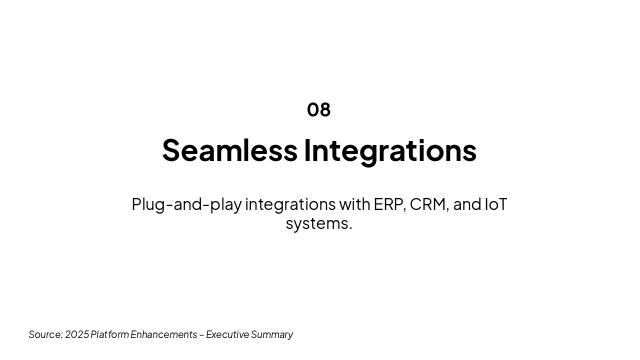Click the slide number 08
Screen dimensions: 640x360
click(319, 109)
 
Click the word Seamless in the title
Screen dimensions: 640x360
click(230, 150)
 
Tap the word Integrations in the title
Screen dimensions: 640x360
click(390, 151)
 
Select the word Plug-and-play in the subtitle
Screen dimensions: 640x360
click(187, 205)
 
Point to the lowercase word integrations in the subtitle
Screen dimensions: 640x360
click(290, 205)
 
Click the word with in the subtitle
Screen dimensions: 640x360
click(355, 204)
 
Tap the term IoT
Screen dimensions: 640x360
click(496, 204)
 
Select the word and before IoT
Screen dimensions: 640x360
click(467, 204)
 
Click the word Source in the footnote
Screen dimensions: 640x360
click(45, 334)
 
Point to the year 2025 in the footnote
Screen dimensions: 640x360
click(77, 334)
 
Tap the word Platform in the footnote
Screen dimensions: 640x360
click(109, 334)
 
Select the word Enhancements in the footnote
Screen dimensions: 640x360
click(163, 334)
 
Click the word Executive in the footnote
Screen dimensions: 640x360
click(227, 334)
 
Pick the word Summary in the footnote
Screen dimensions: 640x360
click(272, 335)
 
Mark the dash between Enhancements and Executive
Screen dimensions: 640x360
click(201, 335)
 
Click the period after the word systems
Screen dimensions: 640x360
click(350, 228)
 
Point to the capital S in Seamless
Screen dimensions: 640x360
click(171, 150)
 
